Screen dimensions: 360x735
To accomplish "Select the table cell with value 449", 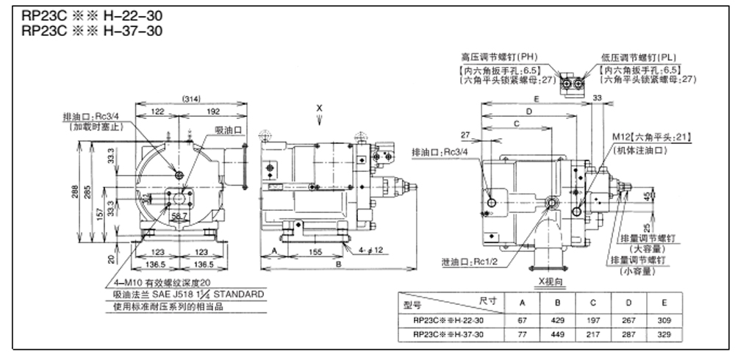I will (x=557, y=334).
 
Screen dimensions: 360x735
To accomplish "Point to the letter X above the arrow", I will (x=319, y=108).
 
